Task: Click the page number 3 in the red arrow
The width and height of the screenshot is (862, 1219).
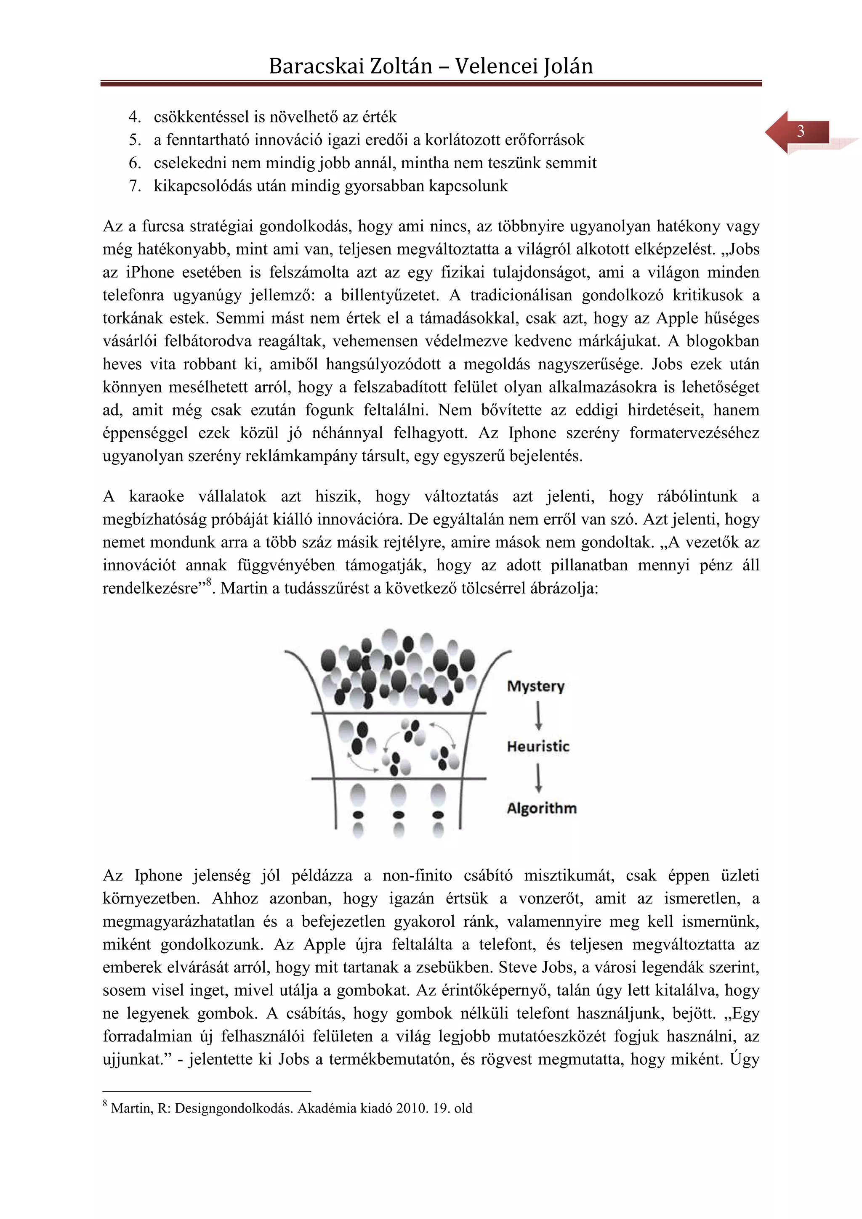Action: (x=801, y=131)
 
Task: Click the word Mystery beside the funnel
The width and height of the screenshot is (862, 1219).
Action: (x=535, y=686)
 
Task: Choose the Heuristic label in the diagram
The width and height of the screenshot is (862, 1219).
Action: (x=538, y=747)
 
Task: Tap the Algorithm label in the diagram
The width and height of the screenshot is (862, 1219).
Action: (x=541, y=808)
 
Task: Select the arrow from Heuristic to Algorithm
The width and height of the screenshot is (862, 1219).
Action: (x=539, y=778)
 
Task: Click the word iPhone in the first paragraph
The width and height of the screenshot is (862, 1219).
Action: (x=150, y=273)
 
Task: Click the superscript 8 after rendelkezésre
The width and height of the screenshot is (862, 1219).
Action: (x=209, y=583)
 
